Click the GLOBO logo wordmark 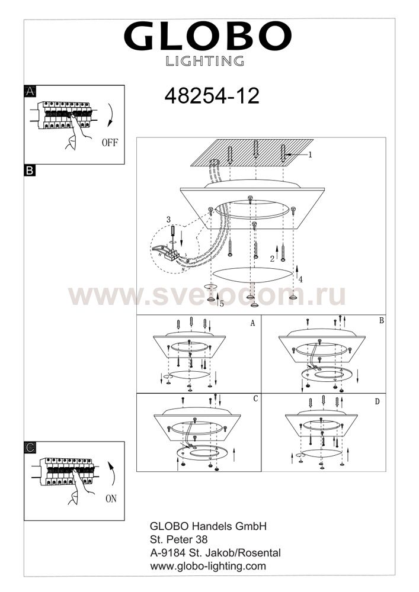(x=207, y=36)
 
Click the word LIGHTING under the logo (x=205, y=61)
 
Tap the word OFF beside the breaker (x=110, y=142)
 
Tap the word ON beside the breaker (x=111, y=498)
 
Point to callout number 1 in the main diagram (x=310, y=155)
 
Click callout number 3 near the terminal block (x=168, y=220)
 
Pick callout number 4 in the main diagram (x=300, y=280)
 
